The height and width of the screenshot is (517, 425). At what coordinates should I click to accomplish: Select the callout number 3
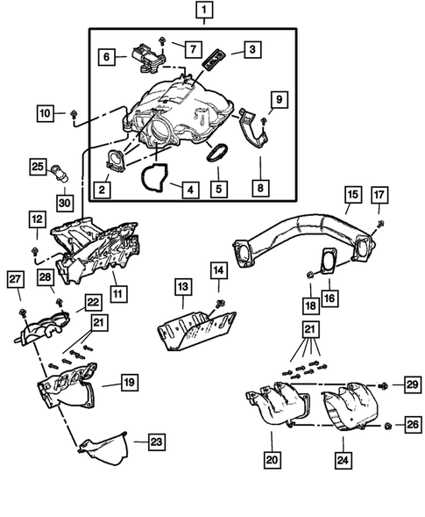tap(251, 51)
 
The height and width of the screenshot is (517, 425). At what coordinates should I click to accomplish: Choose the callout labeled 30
tap(62, 202)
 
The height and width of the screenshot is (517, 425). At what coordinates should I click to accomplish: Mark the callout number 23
tap(155, 441)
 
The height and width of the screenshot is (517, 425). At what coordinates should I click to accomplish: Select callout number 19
tap(129, 382)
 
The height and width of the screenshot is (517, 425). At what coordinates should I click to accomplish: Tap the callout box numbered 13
tap(182, 287)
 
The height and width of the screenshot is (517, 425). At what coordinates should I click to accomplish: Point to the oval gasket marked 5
tap(216, 152)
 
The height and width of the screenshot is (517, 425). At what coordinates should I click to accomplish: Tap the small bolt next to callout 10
tap(73, 113)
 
